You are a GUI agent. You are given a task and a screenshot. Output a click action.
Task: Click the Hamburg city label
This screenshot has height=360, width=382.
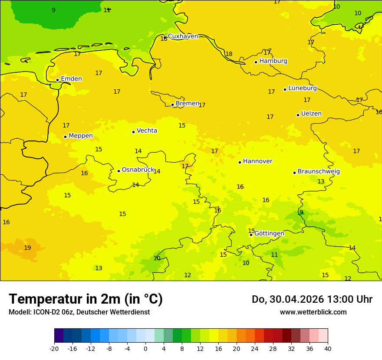pyautogui.click(x=273, y=61)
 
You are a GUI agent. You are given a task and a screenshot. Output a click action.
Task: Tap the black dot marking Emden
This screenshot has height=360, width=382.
pyautogui.click(x=57, y=80)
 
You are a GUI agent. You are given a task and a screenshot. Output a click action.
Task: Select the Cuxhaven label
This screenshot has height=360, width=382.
pyautogui.click(x=183, y=36)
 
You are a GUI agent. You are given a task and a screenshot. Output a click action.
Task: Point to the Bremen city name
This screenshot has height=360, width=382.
pyautogui.click(x=187, y=104)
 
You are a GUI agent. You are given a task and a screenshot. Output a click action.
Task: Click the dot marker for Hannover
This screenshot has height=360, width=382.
pyautogui.click(x=240, y=162)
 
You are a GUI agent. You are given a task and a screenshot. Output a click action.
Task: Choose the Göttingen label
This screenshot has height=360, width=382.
pyautogui.click(x=269, y=233)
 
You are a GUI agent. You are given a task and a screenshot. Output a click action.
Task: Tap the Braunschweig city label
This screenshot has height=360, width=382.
pyautogui.click(x=319, y=172)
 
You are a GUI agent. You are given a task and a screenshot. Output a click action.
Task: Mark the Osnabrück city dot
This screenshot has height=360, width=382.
pyautogui.click(x=119, y=171)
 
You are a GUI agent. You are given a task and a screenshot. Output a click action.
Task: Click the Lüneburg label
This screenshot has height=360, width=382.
pyautogui.click(x=302, y=88)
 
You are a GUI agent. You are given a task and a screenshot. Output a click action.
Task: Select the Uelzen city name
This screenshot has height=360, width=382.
pyautogui.click(x=311, y=114)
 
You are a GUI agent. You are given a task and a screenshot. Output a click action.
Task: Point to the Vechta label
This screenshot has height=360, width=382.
pyautogui.click(x=147, y=131)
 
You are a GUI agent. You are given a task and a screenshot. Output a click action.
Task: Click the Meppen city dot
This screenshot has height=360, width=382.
pyautogui.click(x=65, y=137)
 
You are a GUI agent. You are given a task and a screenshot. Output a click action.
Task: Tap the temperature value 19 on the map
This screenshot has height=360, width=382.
pyautogui.click(x=27, y=248)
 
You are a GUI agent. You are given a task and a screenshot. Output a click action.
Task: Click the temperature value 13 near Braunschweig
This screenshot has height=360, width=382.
pyautogui.click(x=321, y=182)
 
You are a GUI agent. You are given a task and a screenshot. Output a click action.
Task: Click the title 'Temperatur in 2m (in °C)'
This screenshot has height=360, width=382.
pyautogui.click(x=86, y=299)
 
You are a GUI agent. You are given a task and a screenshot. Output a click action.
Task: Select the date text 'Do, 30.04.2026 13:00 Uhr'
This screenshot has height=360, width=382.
pyautogui.click(x=312, y=299)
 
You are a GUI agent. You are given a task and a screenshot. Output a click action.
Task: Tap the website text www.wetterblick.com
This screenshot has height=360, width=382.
pyautogui.click(x=313, y=312)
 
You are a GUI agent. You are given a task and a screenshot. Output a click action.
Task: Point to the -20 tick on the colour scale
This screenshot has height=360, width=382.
pyautogui.click(x=54, y=349)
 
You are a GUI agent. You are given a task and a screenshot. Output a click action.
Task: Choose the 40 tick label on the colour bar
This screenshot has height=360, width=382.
pyautogui.click(x=327, y=349)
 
